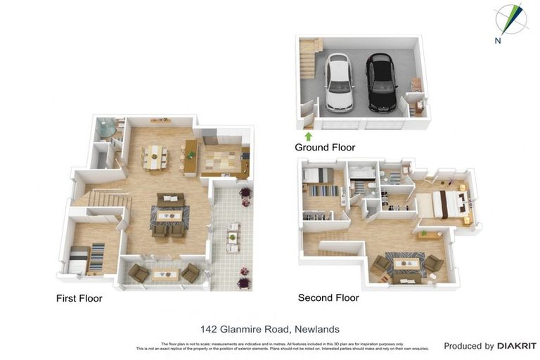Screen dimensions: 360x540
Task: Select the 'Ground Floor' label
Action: coord(324,148)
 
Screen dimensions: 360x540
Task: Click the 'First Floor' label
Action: coord(79,298)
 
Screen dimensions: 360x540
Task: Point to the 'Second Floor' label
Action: coord(328,297)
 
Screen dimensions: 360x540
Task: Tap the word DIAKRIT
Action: coord(517,346)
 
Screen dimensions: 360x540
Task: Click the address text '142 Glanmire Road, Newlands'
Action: coord(270,328)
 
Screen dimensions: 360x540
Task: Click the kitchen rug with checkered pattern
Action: coord(220,163)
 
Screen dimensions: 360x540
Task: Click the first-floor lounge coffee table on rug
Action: coord(169,215)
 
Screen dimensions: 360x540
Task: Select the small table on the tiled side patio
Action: coord(233,237)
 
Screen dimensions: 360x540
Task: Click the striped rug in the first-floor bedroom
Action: coord(96,258)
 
